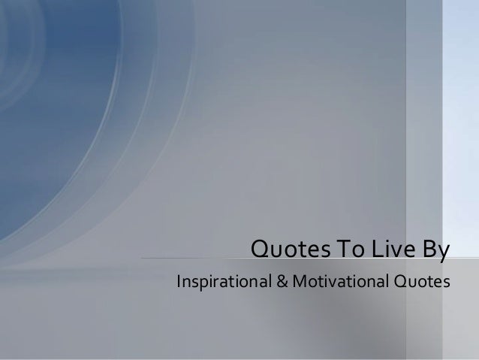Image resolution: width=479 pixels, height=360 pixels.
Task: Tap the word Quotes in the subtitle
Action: (420, 283)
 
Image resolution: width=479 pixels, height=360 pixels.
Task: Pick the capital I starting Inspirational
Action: (176, 283)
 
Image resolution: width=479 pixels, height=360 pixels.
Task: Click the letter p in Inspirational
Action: (199, 286)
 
